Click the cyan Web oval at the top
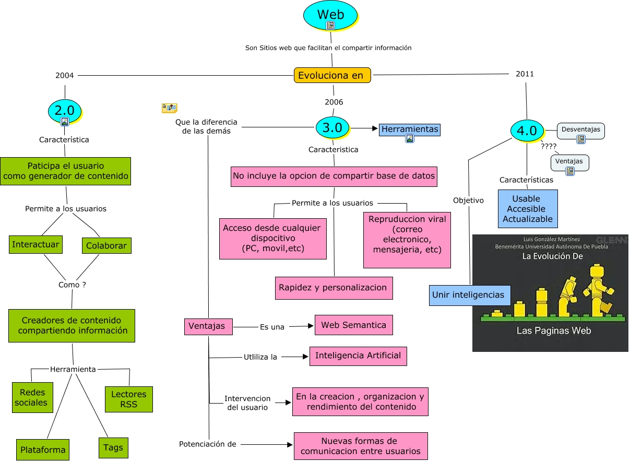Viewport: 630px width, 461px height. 330,15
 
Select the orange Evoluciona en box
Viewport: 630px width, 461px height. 332,75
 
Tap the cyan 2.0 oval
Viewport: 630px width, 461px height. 65,111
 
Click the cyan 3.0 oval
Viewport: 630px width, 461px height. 332,127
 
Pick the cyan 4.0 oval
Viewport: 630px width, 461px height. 527,131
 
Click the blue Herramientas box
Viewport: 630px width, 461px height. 410,129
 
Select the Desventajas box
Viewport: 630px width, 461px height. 581,131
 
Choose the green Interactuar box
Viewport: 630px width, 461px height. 36,244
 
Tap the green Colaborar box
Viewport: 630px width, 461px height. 106,245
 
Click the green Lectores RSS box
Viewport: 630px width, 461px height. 128,399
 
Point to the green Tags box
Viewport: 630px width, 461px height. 113,447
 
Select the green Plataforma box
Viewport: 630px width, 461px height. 43,450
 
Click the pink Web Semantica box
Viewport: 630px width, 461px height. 353,325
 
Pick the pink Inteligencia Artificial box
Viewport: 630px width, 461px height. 358,356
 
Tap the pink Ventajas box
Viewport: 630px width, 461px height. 208,326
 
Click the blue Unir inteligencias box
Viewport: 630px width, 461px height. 468,295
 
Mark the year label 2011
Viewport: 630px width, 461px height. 525,74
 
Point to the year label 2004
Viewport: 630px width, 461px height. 64,75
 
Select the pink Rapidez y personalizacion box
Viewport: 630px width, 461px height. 334,288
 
